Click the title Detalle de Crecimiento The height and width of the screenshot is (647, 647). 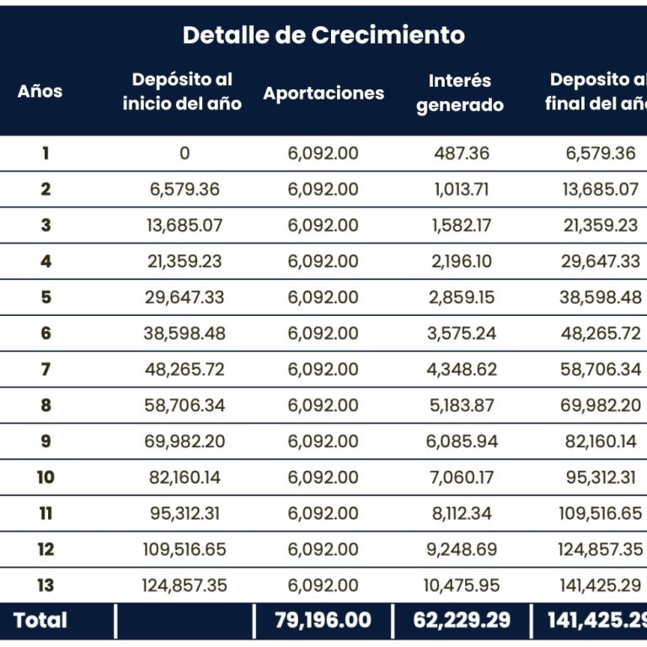[323, 35]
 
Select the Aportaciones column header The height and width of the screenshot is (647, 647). [323, 93]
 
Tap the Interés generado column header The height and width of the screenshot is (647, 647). [460, 93]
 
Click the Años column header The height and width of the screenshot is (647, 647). [40, 91]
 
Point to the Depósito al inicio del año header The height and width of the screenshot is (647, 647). [182, 91]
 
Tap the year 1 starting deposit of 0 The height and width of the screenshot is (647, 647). [184, 153]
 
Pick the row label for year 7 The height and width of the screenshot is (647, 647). [45, 370]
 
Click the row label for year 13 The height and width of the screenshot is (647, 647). [45, 586]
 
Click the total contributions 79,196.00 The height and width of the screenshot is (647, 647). [323, 621]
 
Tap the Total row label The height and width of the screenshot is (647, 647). [40, 621]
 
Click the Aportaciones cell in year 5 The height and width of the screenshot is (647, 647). [323, 297]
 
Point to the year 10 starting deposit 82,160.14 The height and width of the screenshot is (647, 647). [184, 478]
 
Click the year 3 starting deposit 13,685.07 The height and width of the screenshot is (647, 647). [184, 226]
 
